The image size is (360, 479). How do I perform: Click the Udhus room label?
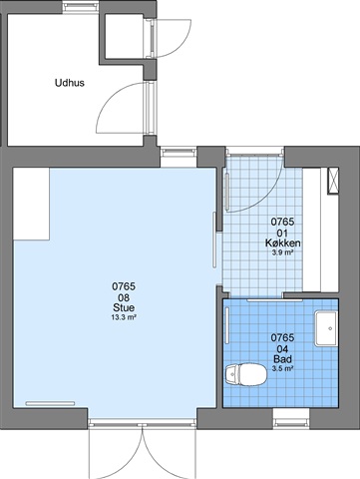[70, 83]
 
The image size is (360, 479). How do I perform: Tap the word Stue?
[124, 307]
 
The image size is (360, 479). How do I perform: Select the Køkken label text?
[283, 243]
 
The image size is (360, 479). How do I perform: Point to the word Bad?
[282, 359]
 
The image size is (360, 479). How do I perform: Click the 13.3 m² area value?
[124, 317]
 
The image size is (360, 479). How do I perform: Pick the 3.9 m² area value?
[282, 252]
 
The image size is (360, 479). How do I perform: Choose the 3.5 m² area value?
[282, 368]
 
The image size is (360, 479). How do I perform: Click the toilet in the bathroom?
[246, 374]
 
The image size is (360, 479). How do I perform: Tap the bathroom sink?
[326, 328]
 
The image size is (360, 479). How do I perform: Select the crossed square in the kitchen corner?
[333, 181]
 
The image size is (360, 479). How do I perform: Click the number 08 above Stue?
[124, 297]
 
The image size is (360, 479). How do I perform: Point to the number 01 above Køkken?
[282, 233]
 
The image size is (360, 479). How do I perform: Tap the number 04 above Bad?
[282, 349]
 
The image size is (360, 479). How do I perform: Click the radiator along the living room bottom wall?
[50, 403]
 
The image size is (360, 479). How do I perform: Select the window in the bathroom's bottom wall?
[291, 419]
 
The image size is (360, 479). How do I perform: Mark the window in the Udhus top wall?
[81, 7]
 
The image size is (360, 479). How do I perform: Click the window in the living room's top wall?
[179, 157]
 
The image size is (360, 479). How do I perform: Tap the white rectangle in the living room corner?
[31, 204]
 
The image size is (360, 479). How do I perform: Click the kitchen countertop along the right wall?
[311, 231]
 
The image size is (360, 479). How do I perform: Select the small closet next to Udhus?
[125, 37]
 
